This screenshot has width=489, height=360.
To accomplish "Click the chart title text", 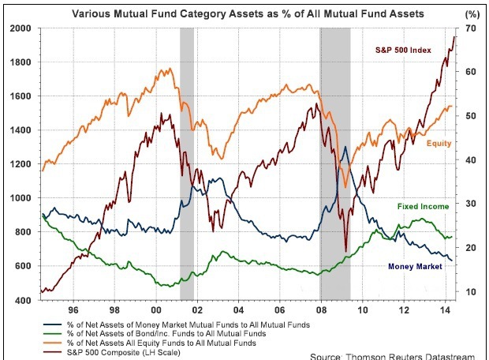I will (x=248, y=13).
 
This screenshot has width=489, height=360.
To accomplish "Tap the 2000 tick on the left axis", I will (x=21, y=28).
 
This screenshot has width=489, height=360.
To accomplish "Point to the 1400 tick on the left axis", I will (x=21, y=129).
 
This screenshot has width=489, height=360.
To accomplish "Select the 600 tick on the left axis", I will (x=23, y=266).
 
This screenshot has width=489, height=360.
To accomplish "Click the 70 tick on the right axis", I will (x=471, y=28).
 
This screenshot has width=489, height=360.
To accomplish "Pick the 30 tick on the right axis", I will (x=471, y=204).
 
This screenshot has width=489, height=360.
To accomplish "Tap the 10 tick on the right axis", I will (x=471, y=292).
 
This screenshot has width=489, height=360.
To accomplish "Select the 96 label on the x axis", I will (x=73, y=310).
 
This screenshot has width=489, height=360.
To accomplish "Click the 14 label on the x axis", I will (x=447, y=310).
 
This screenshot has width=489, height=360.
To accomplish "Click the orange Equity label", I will (x=439, y=144).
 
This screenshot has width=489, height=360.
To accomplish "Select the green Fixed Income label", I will (x=423, y=206).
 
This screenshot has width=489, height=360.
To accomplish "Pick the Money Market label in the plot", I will (x=414, y=266).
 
